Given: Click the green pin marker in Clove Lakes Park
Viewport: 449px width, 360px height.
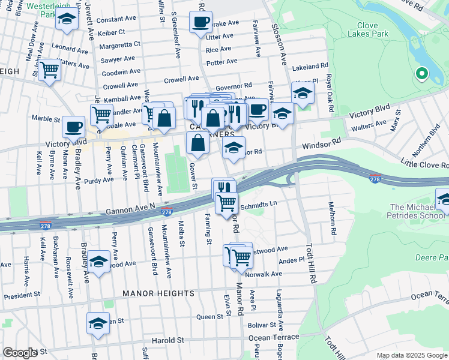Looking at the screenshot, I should coord(421,74).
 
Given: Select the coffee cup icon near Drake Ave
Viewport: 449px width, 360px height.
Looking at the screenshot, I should coord(200,23).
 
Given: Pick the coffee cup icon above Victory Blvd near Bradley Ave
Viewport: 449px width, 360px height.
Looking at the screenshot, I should coord(73,126).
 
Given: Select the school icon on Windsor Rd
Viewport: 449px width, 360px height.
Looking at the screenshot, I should coord(234,147).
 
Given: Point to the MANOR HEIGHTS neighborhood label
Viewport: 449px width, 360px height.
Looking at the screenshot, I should coord(158,293).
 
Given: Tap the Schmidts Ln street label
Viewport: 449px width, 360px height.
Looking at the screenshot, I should coord(258,204).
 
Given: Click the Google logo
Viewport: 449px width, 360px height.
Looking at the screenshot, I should coord(20,353).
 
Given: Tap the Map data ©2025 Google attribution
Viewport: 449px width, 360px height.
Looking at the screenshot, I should coord(412,355).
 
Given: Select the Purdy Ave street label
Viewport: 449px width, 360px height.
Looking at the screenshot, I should coord(99,179).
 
